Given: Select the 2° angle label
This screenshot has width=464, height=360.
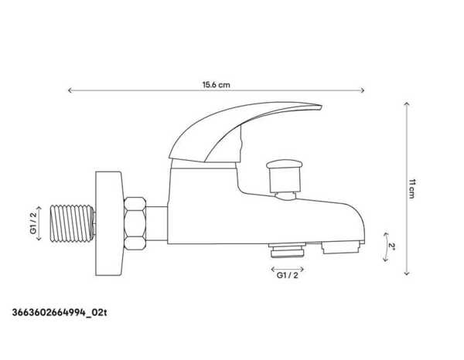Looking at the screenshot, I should [x=392, y=246].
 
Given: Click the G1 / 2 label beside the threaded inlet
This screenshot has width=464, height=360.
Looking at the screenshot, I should [x=33, y=224].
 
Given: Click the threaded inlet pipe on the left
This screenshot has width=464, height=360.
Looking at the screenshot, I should [x=73, y=225].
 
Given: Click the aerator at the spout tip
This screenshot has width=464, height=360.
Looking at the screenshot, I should [x=340, y=248].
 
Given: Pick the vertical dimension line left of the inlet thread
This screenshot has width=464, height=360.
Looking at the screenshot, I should [x=43, y=224].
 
